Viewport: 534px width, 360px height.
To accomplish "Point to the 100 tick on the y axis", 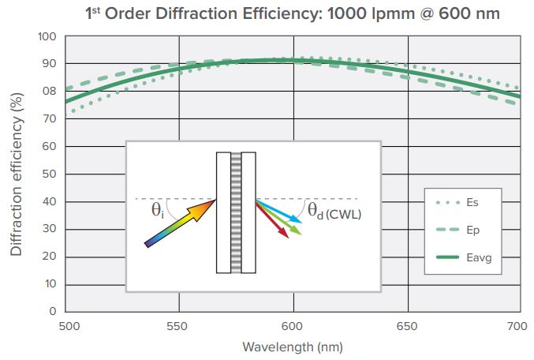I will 47,36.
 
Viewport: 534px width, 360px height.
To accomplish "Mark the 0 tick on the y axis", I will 52,311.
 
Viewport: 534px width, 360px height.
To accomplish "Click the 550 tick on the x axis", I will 181,325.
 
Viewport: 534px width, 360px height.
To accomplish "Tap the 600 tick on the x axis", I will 293,325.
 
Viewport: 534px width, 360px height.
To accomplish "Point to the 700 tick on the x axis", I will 518,325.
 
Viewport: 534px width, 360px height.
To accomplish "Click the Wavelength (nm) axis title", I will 293,347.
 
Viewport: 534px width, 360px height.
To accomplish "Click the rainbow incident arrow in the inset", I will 181,223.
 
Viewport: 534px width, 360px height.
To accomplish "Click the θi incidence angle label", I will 159,210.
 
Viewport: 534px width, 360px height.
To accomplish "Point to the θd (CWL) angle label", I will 334,211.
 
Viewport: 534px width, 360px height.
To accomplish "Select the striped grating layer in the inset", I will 236,212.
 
